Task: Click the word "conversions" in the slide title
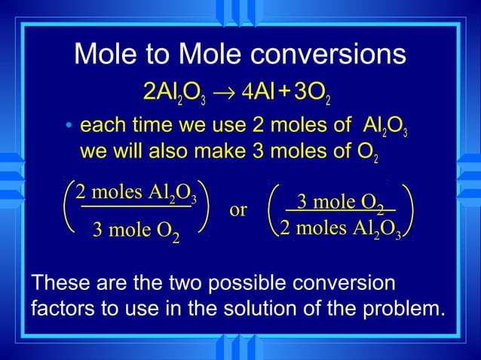point(325,54)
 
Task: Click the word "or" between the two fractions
point(237,210)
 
